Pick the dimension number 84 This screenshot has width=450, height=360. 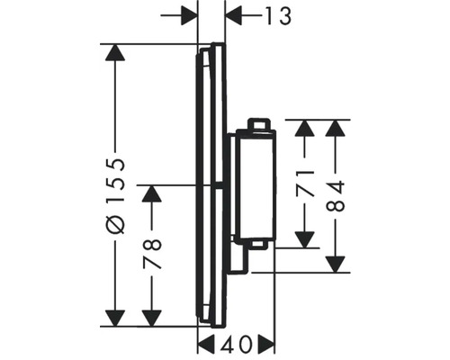pyautogui.click(x=337, y=193)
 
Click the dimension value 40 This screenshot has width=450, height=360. pyautogui.click(x=236, y=345)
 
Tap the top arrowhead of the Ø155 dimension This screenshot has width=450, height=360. pyautogui.click(x=114, y=53)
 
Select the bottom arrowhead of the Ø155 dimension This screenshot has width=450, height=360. pyautogui.click(x=114, y=317)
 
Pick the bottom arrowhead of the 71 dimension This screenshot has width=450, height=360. pyautogui.click(x=307, y=236)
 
